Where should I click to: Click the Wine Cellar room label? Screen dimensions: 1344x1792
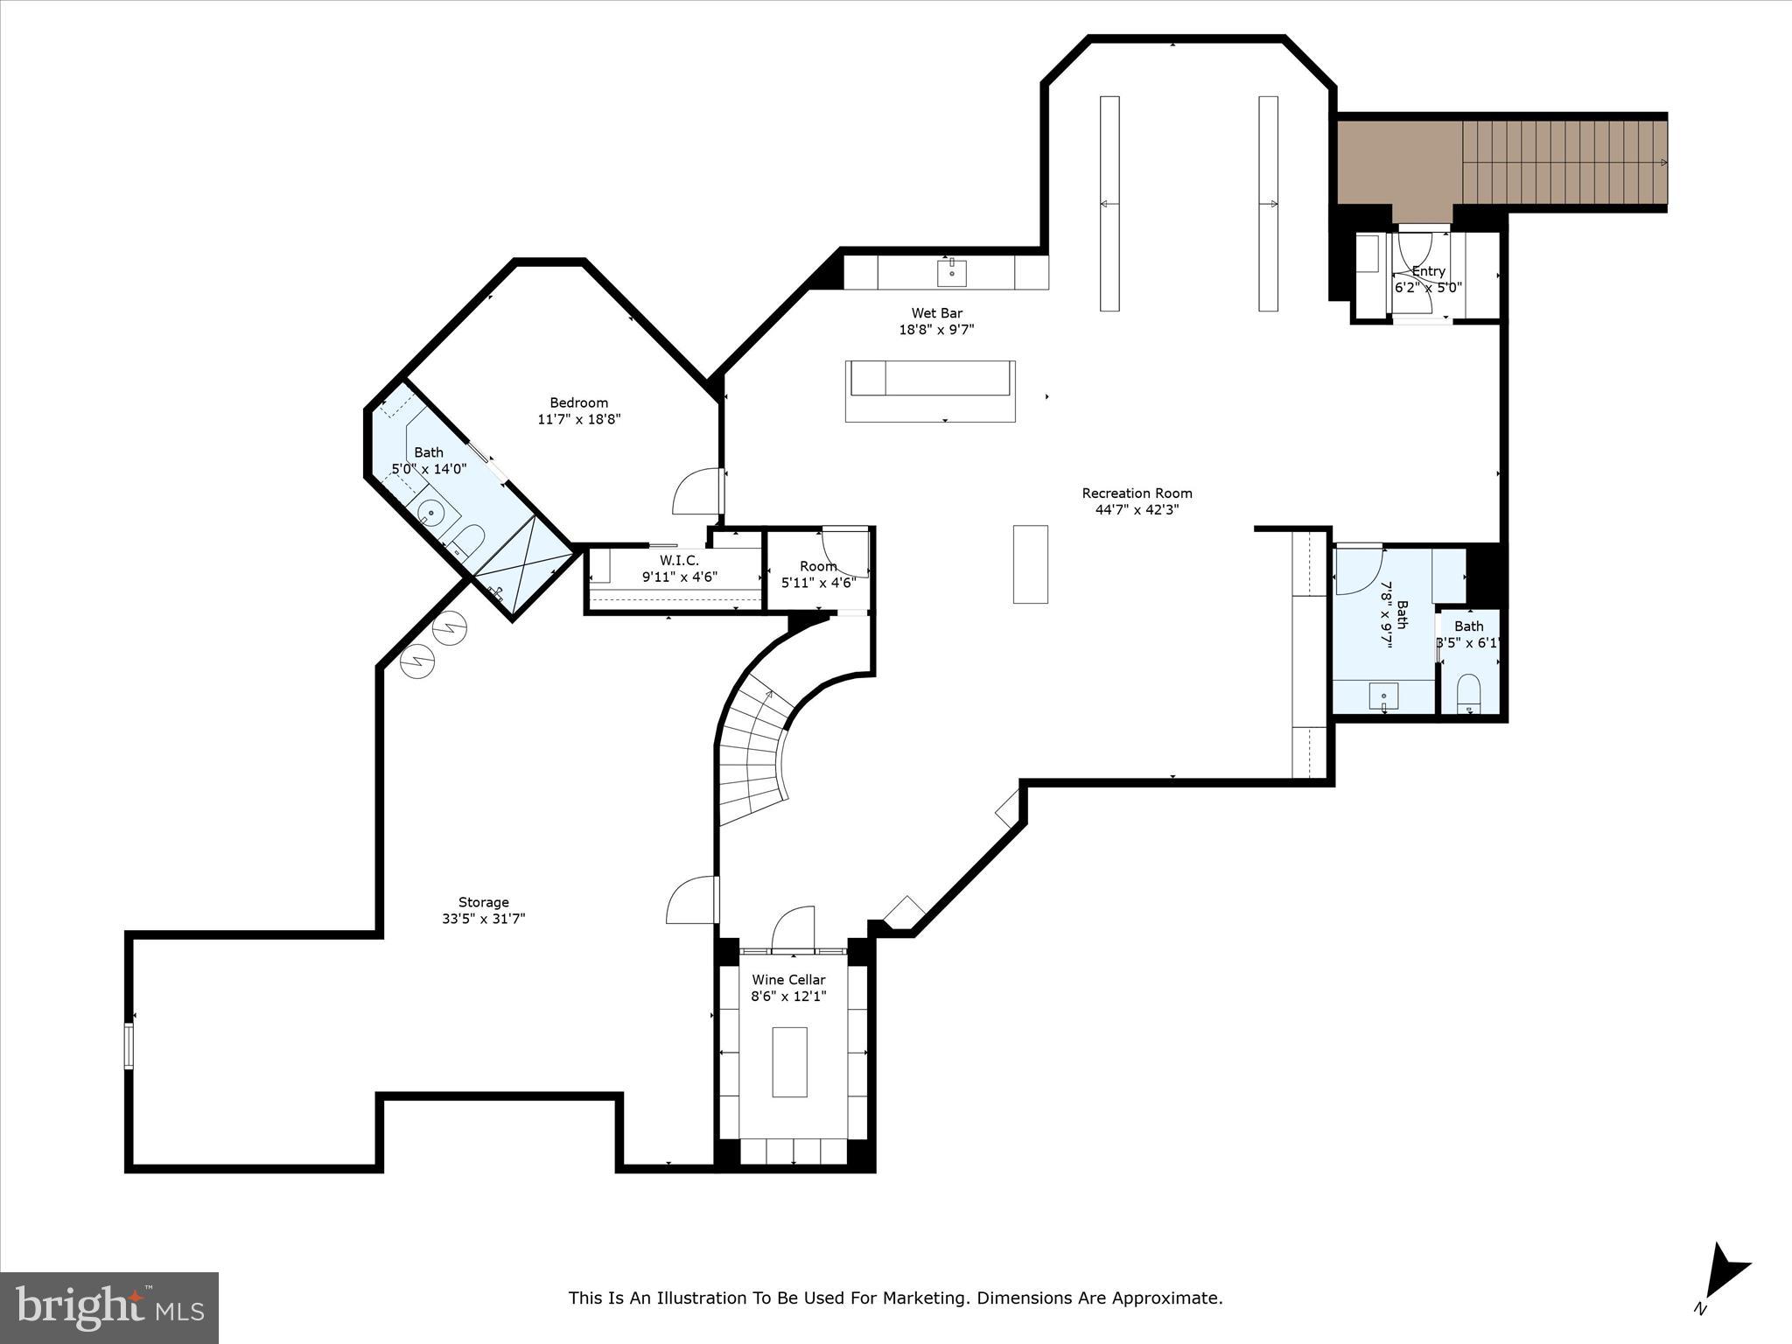click(788, 980)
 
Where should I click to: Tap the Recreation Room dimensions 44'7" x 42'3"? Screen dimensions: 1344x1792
click(1137, 510)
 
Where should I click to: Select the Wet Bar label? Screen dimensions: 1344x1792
click(936, 313)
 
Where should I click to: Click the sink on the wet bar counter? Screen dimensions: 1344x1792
click(951, 272)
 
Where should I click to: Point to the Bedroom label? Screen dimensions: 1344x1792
click(578, 402)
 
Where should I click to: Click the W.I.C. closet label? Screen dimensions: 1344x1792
click(679, 561)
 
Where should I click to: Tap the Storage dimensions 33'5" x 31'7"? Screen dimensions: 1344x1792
click(483, 919)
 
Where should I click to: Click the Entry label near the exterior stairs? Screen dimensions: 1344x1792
click(1428, 271)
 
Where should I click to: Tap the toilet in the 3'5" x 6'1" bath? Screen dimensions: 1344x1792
click(1468, 691)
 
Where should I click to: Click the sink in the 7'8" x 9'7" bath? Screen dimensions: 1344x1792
click(1383, 697)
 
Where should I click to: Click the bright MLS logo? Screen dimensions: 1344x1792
click(109, 1308)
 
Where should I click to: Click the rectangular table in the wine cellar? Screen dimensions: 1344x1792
click(789, 1061)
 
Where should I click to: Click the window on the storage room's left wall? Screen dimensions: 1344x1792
click(129, 1046)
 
